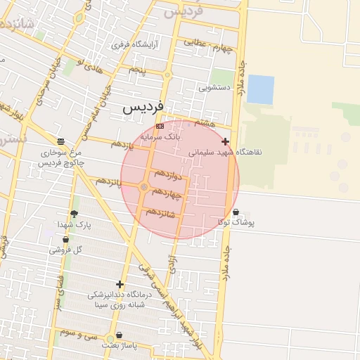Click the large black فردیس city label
[x=143, y=108]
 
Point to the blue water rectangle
[x=260, y=89]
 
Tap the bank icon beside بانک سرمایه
[x=160, y=126]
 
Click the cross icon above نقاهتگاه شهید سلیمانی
[x=225, y=141]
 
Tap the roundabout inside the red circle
[x=144, y=187]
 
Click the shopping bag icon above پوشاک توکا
[x=235, y=212]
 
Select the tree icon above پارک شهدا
[x=74, y=214]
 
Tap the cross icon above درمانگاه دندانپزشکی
[x=120, y=285]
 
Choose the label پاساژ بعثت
[x=118, y=346]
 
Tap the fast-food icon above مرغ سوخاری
[x=60, y=141]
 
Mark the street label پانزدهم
[x=109, y=182]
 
